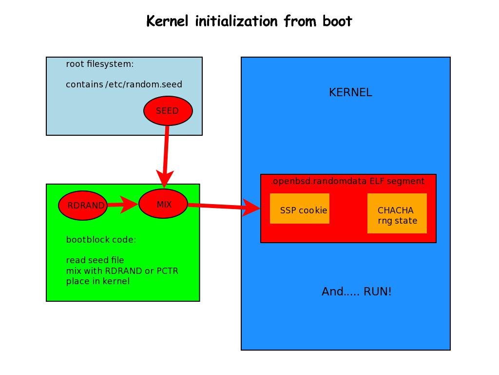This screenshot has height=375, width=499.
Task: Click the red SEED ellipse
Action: (168, 111)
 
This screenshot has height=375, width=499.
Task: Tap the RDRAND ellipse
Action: (83, 205)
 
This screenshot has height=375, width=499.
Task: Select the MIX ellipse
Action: (163, 204)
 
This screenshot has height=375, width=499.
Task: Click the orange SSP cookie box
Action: (300, 208)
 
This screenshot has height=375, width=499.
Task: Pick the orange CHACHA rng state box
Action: (397, 213)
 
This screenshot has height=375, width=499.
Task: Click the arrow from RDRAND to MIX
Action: (122, 205)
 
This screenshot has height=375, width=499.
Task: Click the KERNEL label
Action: (350, 93)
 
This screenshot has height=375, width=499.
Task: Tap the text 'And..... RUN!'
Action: (356, 292)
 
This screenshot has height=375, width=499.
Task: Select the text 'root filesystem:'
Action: (100, 64)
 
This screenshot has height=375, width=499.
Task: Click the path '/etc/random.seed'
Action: (144, 84)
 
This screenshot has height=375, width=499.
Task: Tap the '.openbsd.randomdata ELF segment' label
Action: (347, 181)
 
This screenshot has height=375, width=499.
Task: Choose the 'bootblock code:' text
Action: (101, 240)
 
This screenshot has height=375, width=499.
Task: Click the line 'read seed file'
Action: (95, 260)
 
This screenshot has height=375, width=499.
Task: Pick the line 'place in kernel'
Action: (98, 281)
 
